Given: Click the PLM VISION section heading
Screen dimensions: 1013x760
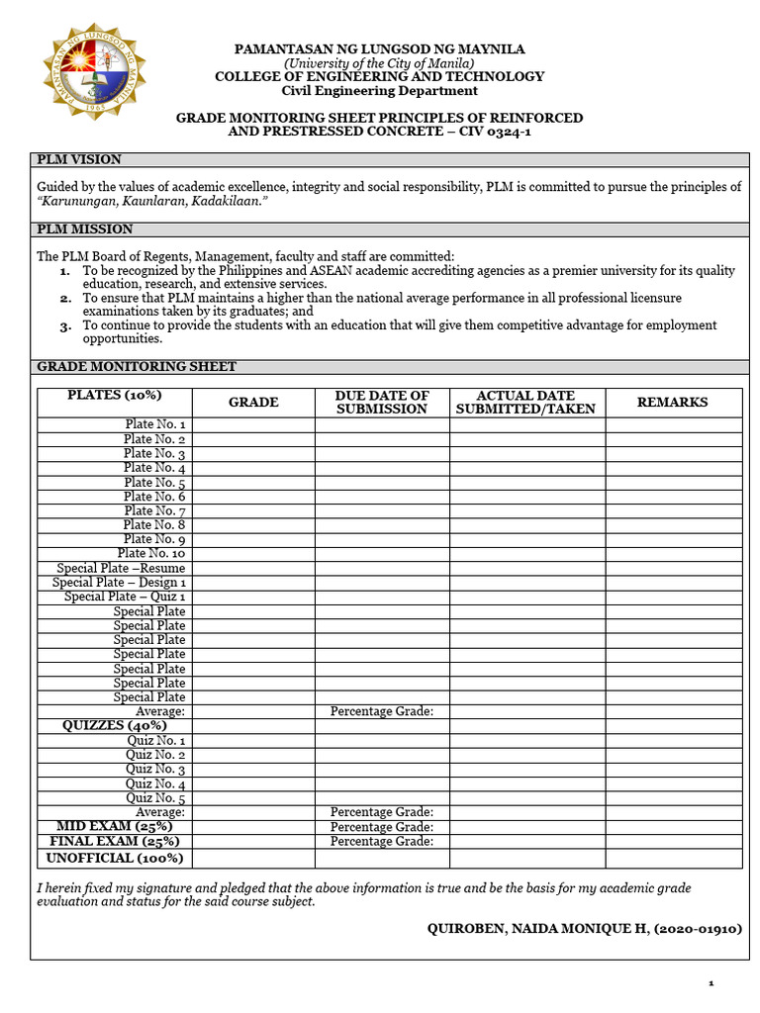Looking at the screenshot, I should tap(79, 159).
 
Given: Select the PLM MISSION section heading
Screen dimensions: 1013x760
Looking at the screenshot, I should tap(84, 229).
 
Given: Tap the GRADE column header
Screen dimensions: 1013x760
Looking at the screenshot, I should tap(253, 403).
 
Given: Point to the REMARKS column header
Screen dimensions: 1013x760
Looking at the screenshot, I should tap(673, 403).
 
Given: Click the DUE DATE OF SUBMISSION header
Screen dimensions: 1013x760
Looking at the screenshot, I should tap(382, 403).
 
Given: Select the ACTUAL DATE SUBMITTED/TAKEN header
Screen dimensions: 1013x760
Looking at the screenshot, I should tap(525, 403).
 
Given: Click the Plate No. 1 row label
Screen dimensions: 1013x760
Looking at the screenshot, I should tap(154, 424).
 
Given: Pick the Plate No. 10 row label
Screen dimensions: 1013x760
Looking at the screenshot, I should tap(151, 554).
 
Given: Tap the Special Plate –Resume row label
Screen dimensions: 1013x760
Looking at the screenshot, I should tap(121, 569).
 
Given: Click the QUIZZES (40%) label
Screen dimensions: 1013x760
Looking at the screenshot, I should tap(115, 725).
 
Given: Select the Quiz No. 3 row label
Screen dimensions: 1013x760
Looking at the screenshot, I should tap(155, 769).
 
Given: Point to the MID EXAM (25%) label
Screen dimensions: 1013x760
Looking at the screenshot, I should tap(115, 826).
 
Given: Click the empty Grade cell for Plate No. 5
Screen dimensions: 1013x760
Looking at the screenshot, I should tap(253, 482).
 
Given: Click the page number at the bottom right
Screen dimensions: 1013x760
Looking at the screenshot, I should tap(711, 983).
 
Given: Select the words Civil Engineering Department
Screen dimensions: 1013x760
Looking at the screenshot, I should tap(379, 91).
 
